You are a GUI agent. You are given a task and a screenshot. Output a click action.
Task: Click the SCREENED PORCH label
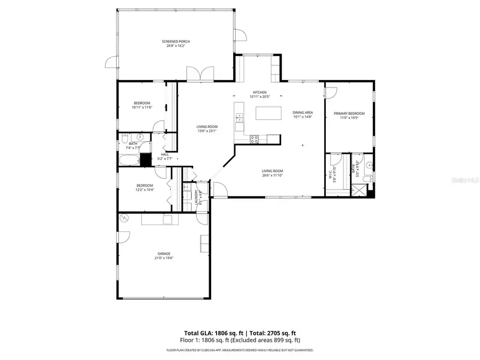click(176, 41)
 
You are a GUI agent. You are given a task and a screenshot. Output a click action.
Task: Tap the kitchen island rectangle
click(268, 114)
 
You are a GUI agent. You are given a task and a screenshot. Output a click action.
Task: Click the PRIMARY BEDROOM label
click(349, 114)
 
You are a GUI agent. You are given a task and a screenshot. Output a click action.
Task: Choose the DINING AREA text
click(302, 113)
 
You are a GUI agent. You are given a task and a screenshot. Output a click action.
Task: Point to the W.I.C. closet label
click(331, 174)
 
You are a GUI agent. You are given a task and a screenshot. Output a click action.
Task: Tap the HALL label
click(165, 155)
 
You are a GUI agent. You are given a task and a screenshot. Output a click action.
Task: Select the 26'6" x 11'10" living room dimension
click(272, 175)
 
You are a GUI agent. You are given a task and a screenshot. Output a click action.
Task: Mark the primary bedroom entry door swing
click(331, 92)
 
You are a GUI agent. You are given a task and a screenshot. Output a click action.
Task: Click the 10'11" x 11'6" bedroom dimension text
click(142, 107)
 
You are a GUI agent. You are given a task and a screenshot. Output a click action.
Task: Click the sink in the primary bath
click(368, 164)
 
